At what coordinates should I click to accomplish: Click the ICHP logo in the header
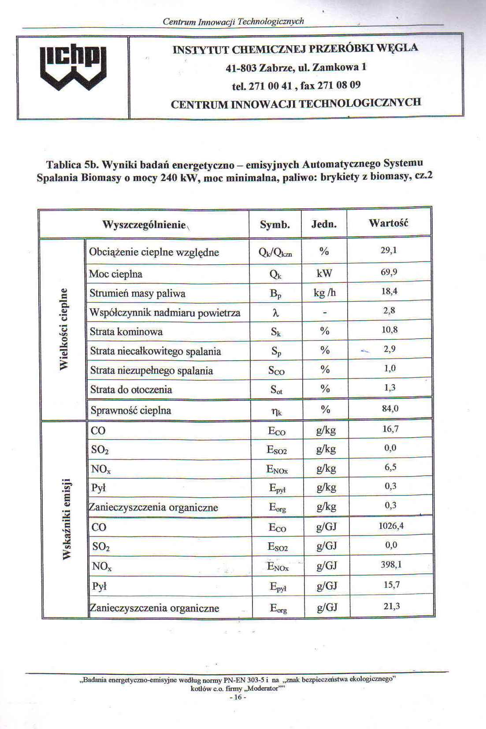point(73,69)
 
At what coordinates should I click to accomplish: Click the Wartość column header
point(388,223)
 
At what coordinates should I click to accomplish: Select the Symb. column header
point(275,225)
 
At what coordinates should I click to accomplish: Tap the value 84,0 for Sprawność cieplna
point(390,408)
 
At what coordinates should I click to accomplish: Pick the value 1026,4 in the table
point(391,525)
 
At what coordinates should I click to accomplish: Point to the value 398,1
point(391,564)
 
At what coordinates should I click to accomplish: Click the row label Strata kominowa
point(126,332)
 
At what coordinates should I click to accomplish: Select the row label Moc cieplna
point(115,274)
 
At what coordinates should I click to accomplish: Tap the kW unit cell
point(324,273)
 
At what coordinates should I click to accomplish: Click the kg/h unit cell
point(325,293)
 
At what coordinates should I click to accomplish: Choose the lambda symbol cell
point(276,312)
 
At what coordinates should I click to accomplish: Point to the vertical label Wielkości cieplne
point(64,329)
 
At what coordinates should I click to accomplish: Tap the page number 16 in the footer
point(237,697)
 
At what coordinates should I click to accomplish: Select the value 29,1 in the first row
point(389,250)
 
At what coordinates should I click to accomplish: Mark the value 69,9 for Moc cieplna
point(389,272)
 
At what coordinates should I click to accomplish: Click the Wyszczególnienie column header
point(144,225)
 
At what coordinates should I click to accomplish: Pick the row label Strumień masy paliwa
point(137,293)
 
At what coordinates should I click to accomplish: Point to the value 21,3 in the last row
point(392,606)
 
